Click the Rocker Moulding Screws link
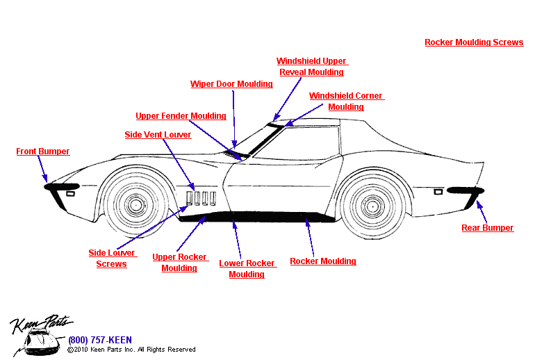click(x=474, y=42)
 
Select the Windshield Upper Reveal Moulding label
click(x=311, y=67)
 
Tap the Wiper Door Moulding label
click(x=231, y=84)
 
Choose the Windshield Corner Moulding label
click(x=346, y=101)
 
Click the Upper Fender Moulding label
click(x=181, y=116)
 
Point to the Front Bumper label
click(x=43, y=152)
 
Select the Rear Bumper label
click(x=488, y=228)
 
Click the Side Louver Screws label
click(x=111, y=259)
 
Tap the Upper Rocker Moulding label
click(x=179, y=263)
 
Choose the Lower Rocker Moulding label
click(x=247, y=269)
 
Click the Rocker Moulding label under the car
click(x=323, y=261)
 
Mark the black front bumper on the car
click(x=61, y=186)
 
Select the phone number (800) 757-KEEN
click(x=99, y=341)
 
